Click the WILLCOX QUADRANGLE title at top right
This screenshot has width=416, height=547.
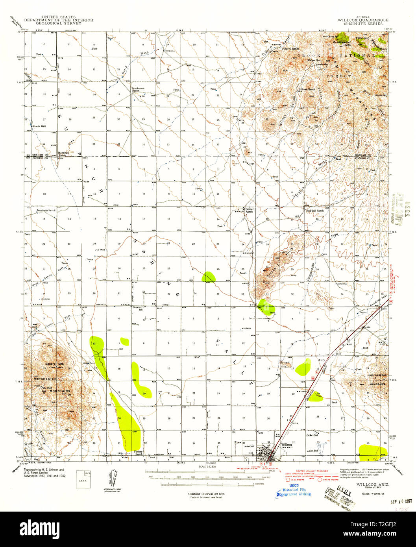[x=363, y=20]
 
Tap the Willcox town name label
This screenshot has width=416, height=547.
[x=287, y=445]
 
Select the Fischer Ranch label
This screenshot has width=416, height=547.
[x=138, y=453]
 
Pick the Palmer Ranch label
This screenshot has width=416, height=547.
[x=249, y=210]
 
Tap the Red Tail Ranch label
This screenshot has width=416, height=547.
[x=315, y=211]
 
